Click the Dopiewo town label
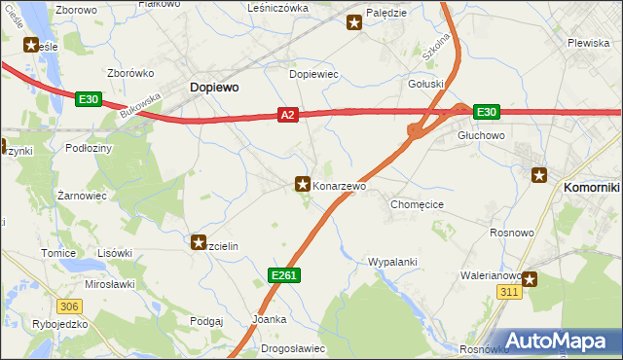[213, 87]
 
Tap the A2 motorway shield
[286, 115]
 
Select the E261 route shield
[284, 276]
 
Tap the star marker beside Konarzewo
[303, 183]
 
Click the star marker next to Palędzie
[354, 23]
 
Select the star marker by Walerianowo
[531, 280]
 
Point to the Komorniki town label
[593, 185]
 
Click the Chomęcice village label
[418, 205]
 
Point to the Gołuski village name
[425, 85]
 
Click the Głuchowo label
[480, 136]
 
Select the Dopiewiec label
[313, 74]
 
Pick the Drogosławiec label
[293, 348]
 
